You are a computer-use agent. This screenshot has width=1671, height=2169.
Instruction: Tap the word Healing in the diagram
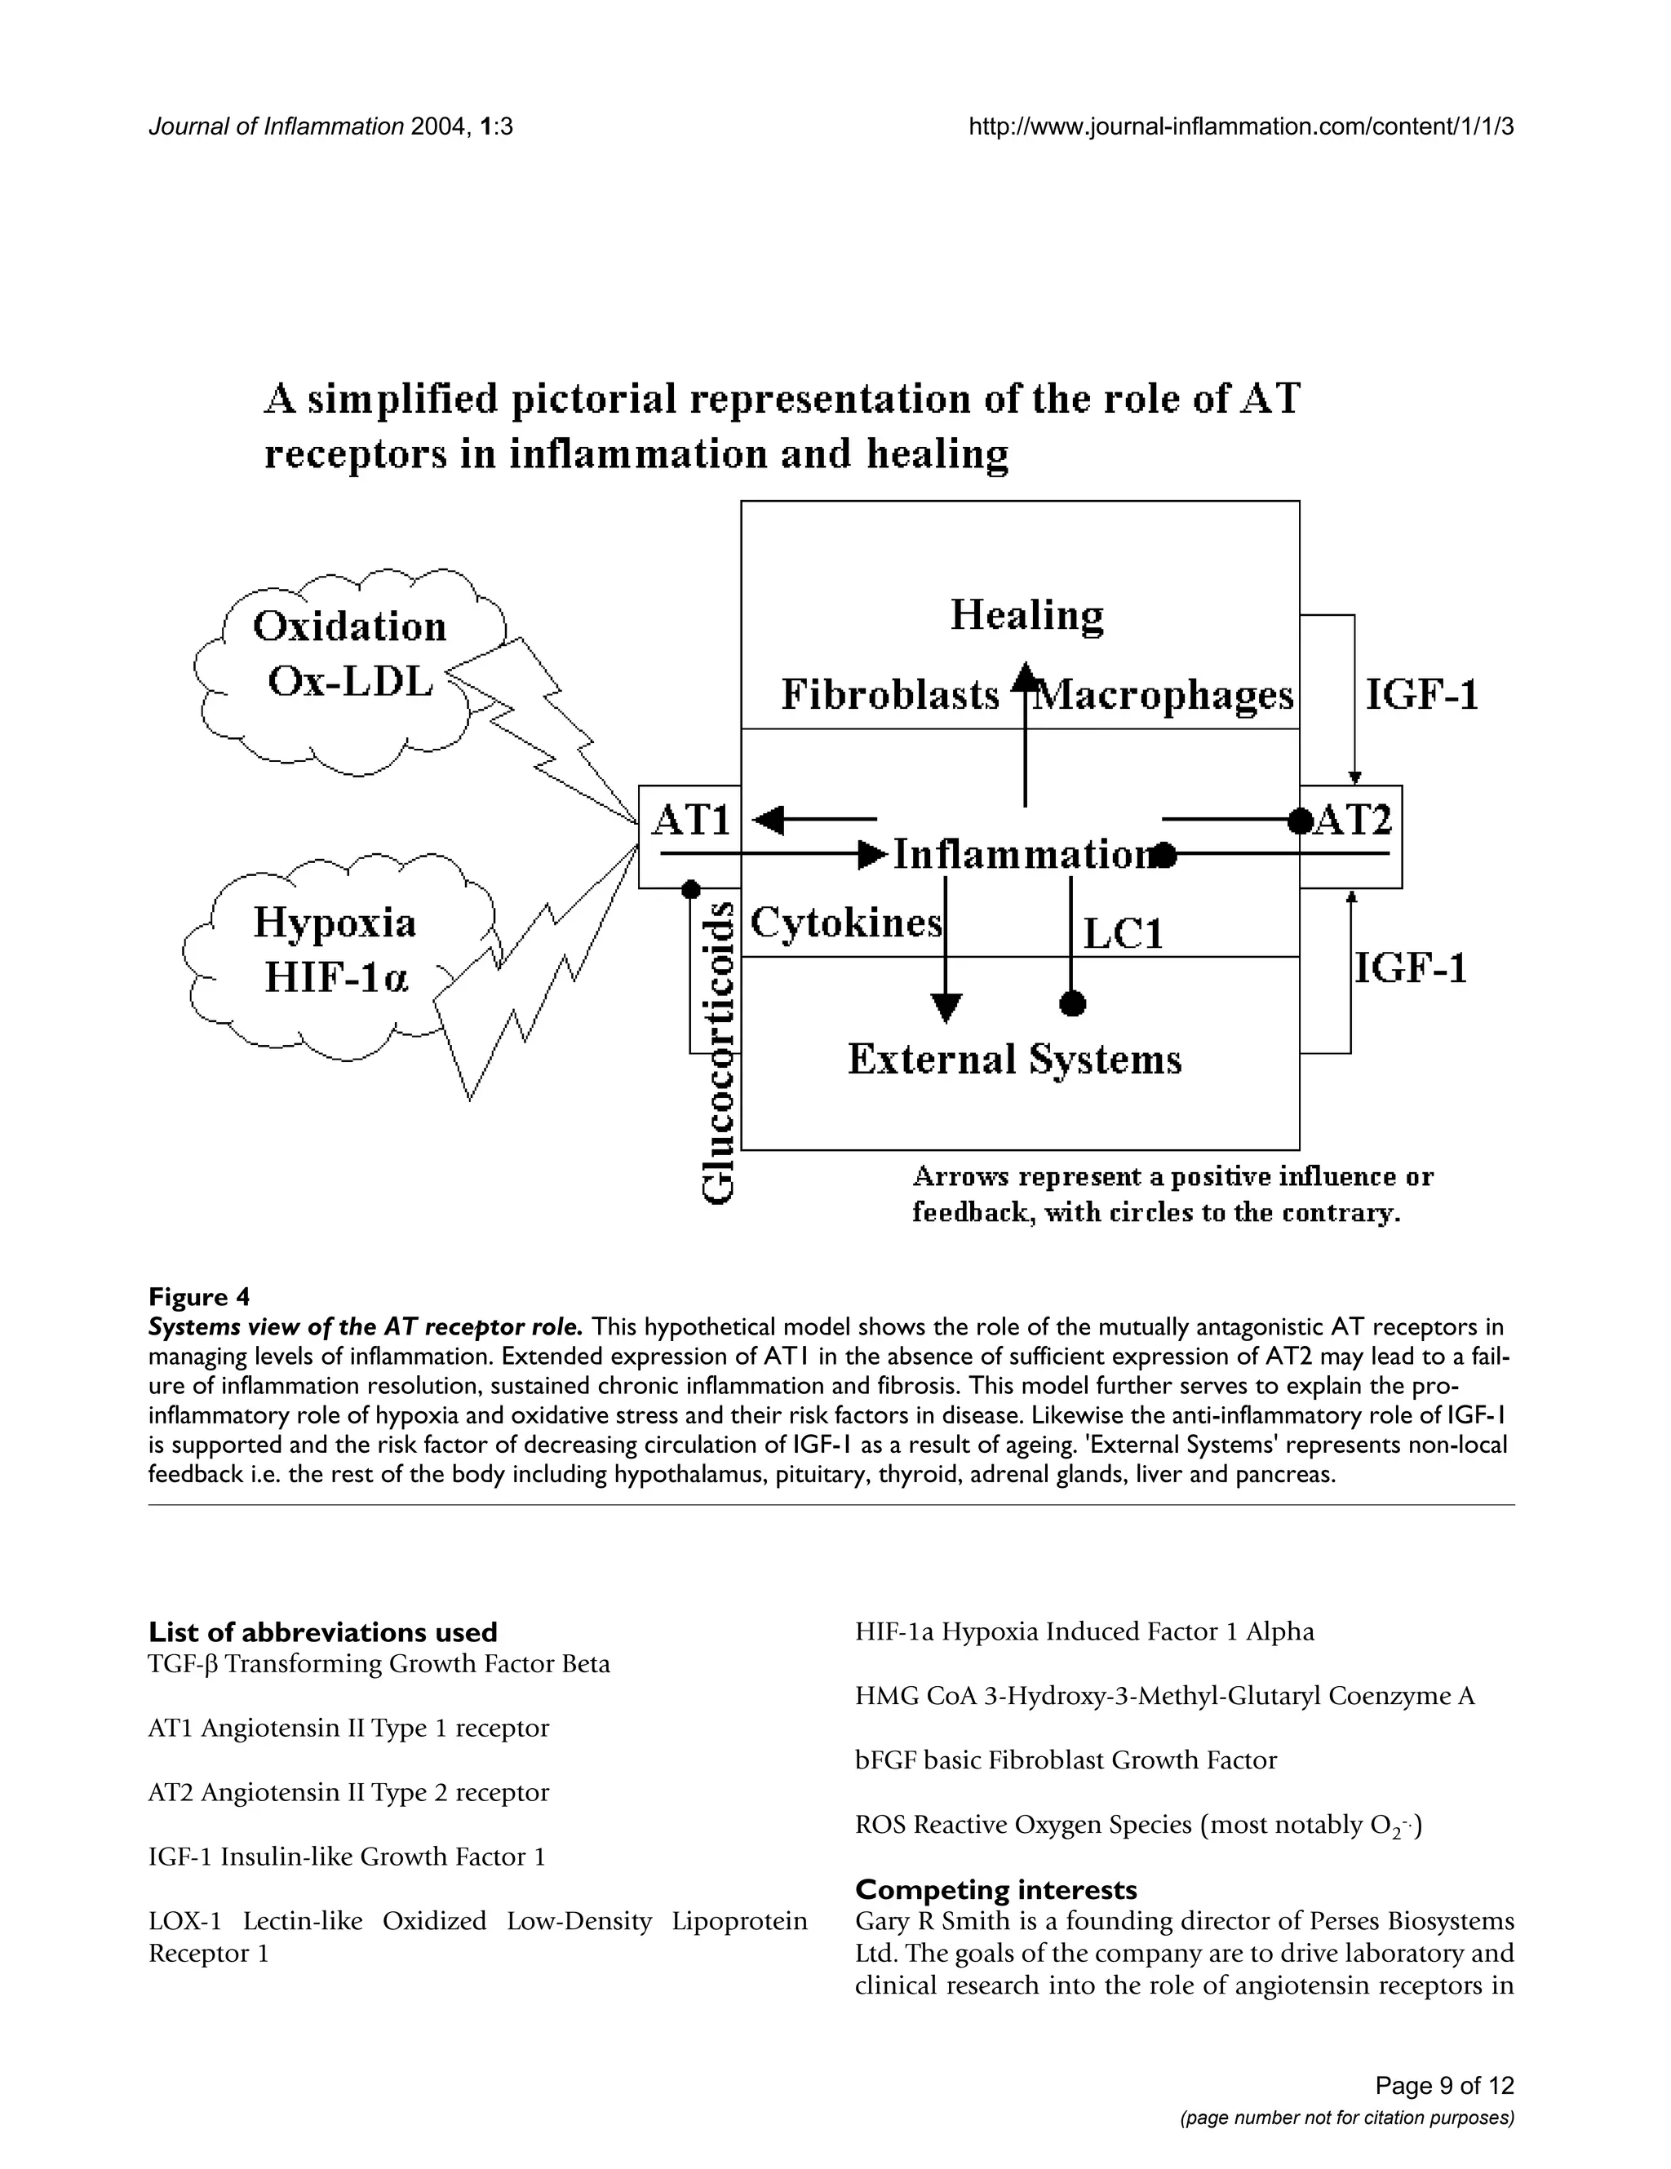[x=1026, y=615]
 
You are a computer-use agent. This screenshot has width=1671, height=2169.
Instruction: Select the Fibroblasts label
[x=889, y=694]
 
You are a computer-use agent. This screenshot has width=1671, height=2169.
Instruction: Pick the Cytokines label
[x=845, y=923]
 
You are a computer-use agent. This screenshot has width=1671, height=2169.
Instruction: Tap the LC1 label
[x=1122, y=933]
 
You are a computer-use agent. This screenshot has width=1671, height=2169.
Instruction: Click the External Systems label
[x=1014, y=1059]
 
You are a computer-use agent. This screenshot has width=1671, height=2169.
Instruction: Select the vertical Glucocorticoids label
[x=718, y=1053]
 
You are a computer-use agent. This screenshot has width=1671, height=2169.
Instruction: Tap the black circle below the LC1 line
[x=1072, y=1005]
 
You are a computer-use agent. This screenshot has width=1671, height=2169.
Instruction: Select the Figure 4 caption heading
[x=199, y=1296]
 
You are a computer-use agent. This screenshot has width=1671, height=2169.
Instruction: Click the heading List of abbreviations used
[x=323, y=1631]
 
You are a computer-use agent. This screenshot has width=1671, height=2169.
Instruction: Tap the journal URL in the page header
[x=1240, y=127]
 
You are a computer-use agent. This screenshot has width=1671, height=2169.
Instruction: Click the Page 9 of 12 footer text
[x=1443, y=2085]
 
